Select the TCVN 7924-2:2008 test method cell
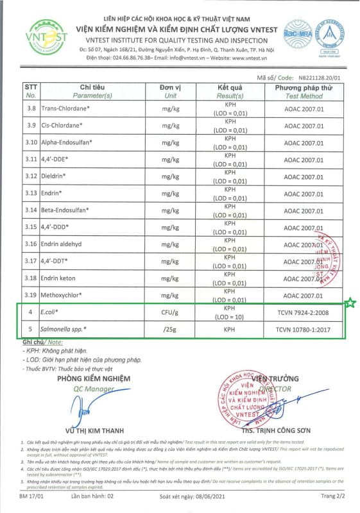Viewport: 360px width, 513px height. click(304, 312)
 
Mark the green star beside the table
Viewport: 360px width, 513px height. click(350, 303)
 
